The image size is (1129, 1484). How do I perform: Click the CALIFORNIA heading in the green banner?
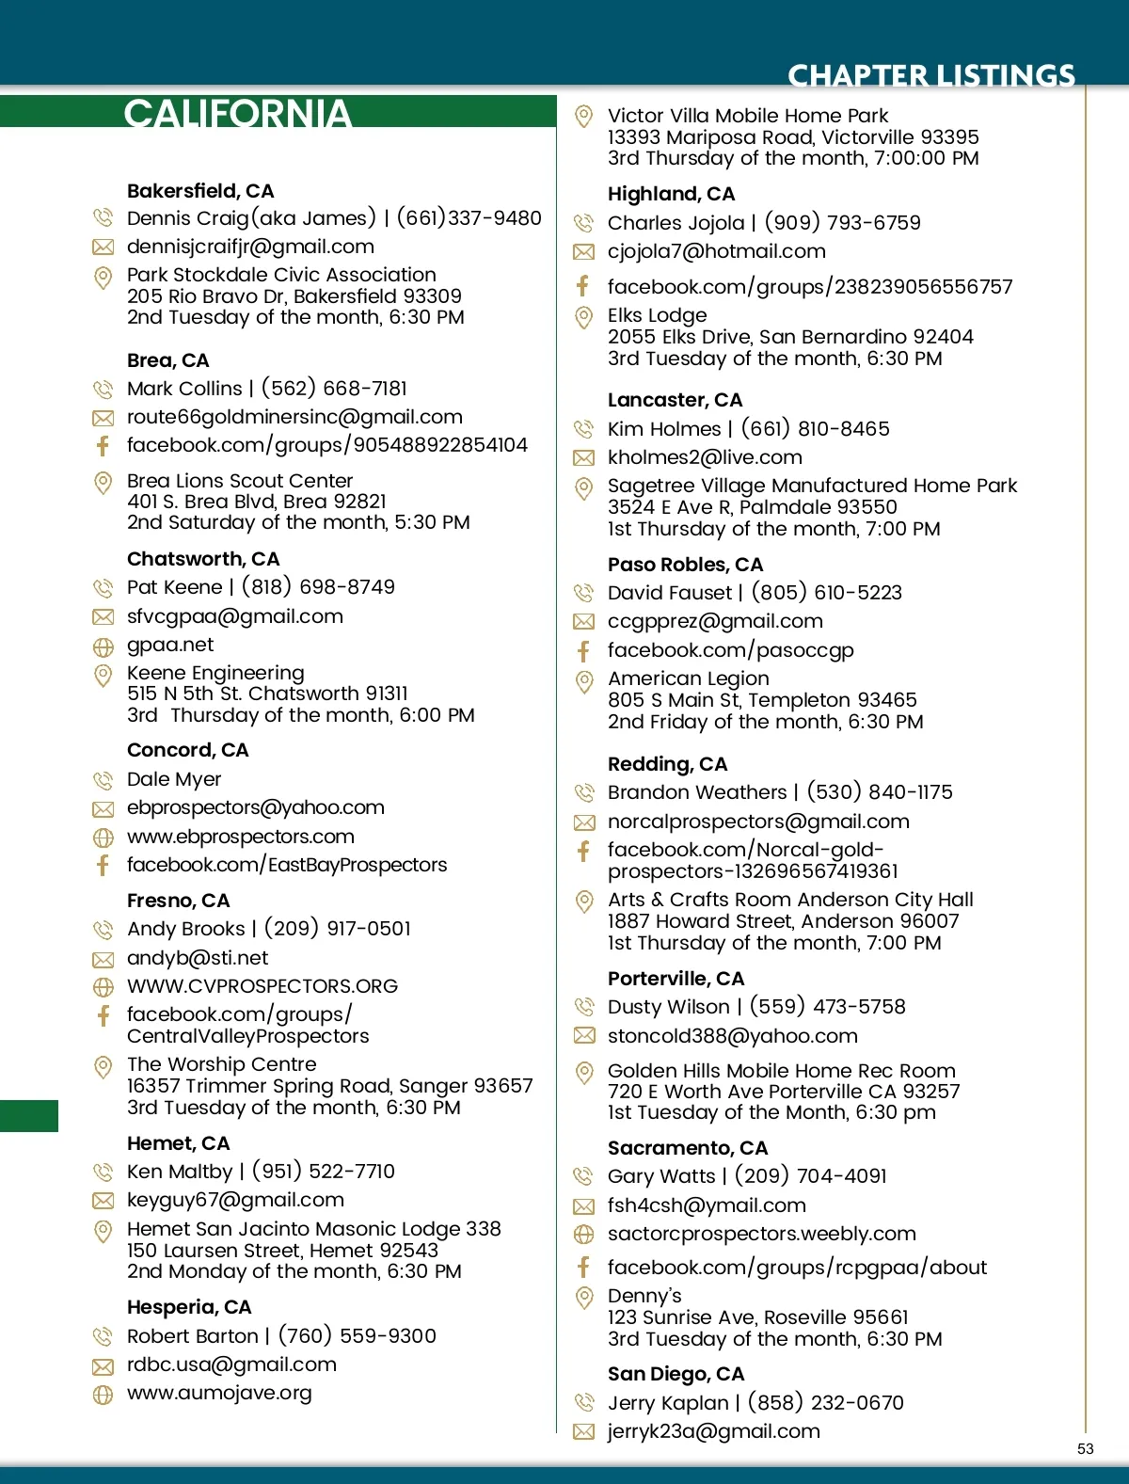pyautogui.click(x=237, y=113)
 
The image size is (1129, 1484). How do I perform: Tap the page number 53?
pyautogui.click(x=1085, y=1448)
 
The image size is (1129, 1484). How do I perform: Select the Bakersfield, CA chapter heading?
pyautogui.click(x=200, y=191)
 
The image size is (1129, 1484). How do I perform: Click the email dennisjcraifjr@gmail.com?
pyautogui.click(x=250, y=247)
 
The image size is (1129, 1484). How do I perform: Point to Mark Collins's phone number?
pyautogui.click(x=334, y=389)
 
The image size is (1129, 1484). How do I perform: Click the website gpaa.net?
pyautogui.click(x=170, y=645)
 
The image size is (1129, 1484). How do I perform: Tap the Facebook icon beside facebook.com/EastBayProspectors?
pyautogui.click(x=103, y=865)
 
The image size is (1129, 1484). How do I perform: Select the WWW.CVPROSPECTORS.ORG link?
pyautogui.click(x=262, y=986)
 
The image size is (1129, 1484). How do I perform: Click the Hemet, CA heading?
pyautogui.click(x=178, y=1143)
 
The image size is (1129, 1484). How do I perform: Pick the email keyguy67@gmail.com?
pyautogui.click(x=235, y=1200)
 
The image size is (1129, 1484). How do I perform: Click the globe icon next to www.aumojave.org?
pyautogui.click(x=103, y=1395)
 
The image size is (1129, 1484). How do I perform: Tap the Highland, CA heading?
pyautogui.click(x=671, y=194)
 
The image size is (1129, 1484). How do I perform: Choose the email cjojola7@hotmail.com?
pyautogui.click(x=716, y=251)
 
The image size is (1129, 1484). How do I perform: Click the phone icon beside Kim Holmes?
pyautogui.click(x=583, y=430)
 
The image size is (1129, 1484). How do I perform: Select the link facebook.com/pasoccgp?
pyautogui.click(x=730, y=650)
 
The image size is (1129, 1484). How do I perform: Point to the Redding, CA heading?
pyautogui.click(x=667, y=764)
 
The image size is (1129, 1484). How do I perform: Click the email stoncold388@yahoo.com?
pyautogui.click(x=732, y=1036)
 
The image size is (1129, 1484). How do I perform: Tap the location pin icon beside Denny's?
pyautogui.click(x=583, y=1298)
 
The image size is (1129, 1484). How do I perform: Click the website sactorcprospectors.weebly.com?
pyautogui.click(x=761, y=1234)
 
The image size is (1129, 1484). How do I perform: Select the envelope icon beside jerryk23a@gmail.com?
pyautogui.click(x=583, y=1432)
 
